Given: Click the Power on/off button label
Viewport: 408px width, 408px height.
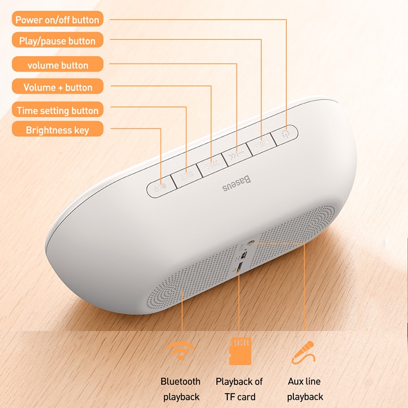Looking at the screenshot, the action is point(58,19).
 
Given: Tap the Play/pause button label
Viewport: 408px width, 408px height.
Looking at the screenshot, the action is point(58,40).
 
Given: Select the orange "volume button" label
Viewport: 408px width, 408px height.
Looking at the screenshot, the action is point(58,64).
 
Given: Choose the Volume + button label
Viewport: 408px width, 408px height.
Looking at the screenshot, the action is point(58,86).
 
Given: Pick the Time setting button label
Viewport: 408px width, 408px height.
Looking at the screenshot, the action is point(58,110).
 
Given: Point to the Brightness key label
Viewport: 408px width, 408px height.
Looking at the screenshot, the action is point(58,129).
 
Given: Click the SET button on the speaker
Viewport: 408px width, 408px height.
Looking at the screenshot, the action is point(187,176).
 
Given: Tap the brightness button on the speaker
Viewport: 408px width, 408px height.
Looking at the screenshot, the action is point(161,187).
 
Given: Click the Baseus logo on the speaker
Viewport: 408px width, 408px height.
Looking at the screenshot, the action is point(237,184).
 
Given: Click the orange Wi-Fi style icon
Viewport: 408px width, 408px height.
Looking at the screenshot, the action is point(181,350).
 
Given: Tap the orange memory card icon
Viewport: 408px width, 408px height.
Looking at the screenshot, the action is point(240,351).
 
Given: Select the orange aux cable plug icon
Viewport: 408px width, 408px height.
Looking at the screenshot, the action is point(303,352).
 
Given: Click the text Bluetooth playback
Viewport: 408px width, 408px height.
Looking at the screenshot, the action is point(181,389).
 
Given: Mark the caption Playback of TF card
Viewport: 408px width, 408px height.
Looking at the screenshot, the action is point(239,389).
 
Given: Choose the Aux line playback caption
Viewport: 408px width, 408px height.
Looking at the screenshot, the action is point(304,389).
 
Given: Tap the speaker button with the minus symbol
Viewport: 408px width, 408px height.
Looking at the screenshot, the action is point(237,155).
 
